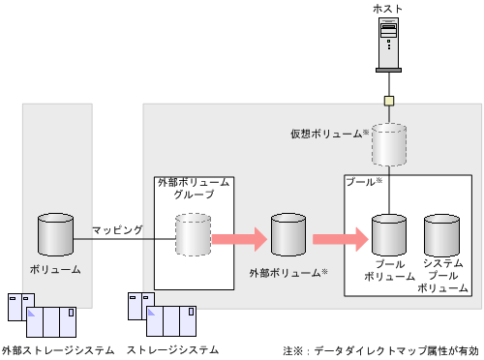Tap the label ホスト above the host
point(387,9)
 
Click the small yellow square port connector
point(387,101)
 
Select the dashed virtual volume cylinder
point(388,144)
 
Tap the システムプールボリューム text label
point(441,275)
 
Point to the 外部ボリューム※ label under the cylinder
point(287,272)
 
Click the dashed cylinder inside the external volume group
point(193,236)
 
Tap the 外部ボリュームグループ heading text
point(194,189)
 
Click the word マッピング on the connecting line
point(117,229)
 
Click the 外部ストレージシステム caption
point(58,349)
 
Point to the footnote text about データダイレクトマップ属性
point(381,349)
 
